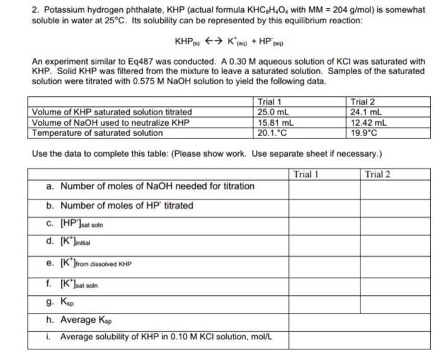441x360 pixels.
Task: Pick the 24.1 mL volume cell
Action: tap(363, 113)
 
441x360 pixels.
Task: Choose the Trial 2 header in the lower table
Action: tap(378, 174)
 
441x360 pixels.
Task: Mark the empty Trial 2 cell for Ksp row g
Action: tap(394, 305)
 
